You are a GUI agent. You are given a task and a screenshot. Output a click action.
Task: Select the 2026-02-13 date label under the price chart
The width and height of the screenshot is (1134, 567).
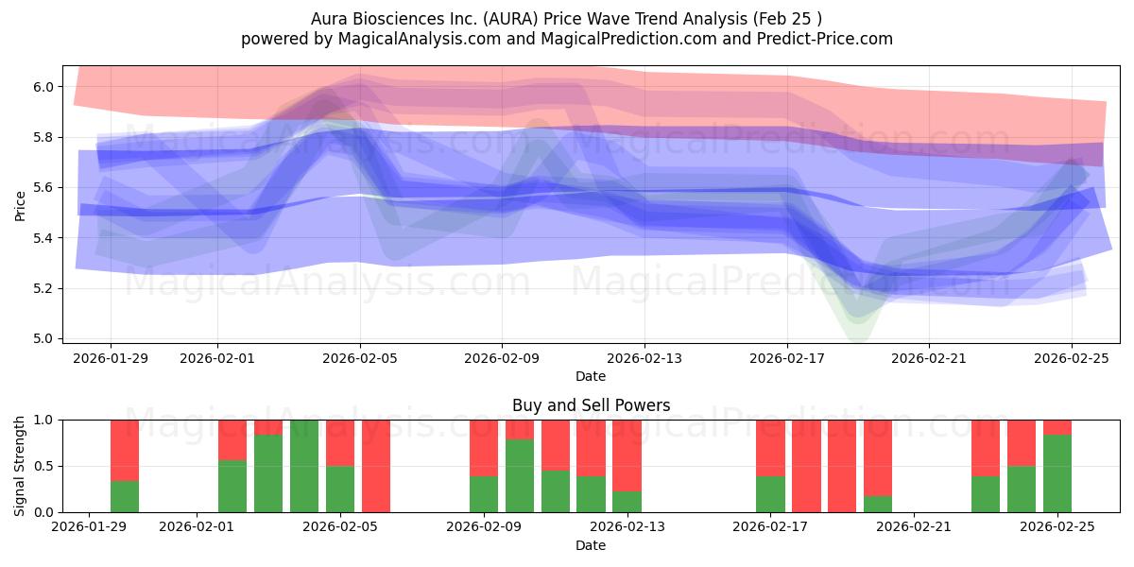click(644, 358)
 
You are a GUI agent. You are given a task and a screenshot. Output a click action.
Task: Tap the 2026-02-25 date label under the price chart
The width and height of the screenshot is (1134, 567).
click(1071, 358)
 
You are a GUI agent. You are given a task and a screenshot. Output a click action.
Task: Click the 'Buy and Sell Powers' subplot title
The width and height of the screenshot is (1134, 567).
click(591, 405)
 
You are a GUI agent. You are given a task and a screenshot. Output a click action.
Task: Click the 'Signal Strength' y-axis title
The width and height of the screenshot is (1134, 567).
click(20, 466)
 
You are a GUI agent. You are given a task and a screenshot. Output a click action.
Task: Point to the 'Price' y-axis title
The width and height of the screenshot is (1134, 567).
click(20, 204)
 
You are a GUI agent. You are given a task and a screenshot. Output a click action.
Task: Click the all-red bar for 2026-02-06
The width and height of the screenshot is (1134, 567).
click(376, 466)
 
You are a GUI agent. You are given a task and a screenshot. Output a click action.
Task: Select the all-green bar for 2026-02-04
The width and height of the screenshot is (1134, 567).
click(304, 466)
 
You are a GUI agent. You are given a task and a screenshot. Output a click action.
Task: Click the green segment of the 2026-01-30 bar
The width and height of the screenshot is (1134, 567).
click(125, 497)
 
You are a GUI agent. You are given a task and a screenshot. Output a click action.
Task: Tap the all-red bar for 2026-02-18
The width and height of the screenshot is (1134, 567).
click(806, 466)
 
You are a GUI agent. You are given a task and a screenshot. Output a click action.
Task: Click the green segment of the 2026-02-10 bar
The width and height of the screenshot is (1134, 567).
click(520, 476)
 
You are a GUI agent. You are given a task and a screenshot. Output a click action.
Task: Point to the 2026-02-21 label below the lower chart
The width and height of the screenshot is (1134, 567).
click(914, 526)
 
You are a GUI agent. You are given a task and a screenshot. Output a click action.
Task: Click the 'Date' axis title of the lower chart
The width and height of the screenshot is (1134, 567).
click(591, 545)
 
